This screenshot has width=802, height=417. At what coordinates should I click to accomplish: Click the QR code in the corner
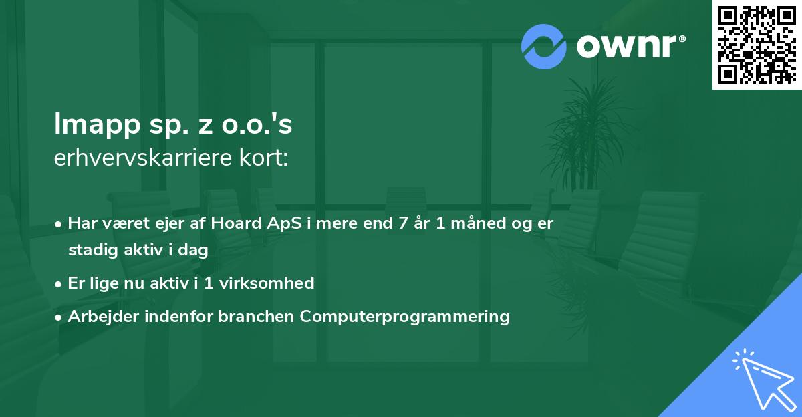pyautogui.click(x=757, y=45)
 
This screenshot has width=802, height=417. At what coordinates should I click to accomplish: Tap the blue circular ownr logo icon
pyautogui.click(x=544, y=46)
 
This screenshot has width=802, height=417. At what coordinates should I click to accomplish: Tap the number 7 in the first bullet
pyautogui.click(x=402, y=223)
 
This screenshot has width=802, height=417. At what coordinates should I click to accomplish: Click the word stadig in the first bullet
pyautogui.click(x=90, y=250)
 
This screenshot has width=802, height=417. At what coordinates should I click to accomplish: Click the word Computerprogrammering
pyautogui.click(x=405, y=316)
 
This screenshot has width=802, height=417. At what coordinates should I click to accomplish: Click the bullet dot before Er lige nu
pyautogui.click(x=59, y=283)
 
